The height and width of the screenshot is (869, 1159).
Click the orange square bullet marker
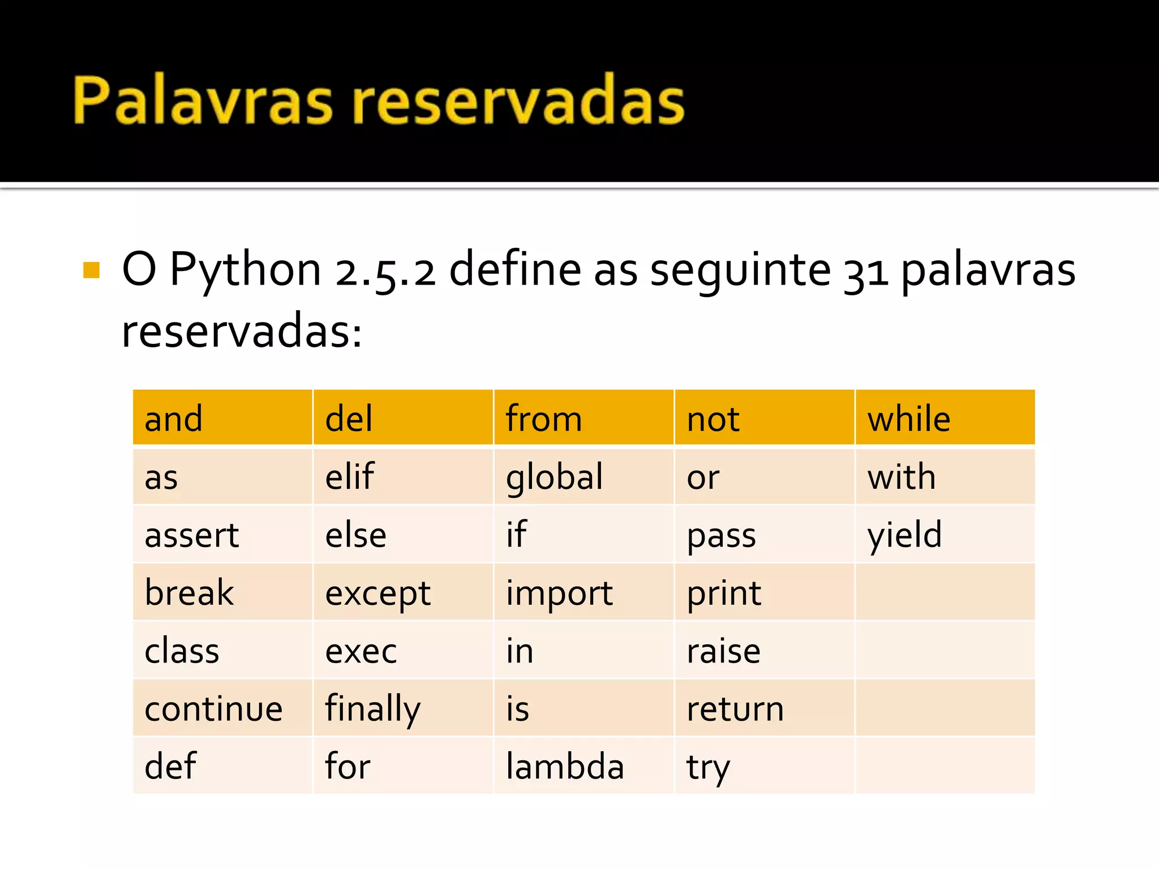coord(91,270)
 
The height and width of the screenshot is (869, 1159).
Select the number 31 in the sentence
coord(865,272)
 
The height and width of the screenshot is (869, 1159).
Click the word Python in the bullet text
coord(246,270)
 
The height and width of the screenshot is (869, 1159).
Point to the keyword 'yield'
coord(904,535)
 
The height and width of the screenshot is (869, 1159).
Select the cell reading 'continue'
coord(213,708)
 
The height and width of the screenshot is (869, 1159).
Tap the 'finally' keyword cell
coord(373,708)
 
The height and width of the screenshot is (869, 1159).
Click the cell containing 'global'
coord(555,477)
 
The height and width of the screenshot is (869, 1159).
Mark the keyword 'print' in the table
coord(724,593)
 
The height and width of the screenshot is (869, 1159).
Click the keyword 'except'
coord(378,593)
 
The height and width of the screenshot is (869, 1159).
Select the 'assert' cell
coord(192,535)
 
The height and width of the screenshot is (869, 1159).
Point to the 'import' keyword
coord(559,593)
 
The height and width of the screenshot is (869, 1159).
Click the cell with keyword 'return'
coord(735,708)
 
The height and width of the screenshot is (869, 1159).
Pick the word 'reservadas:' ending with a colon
coord(242,332)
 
